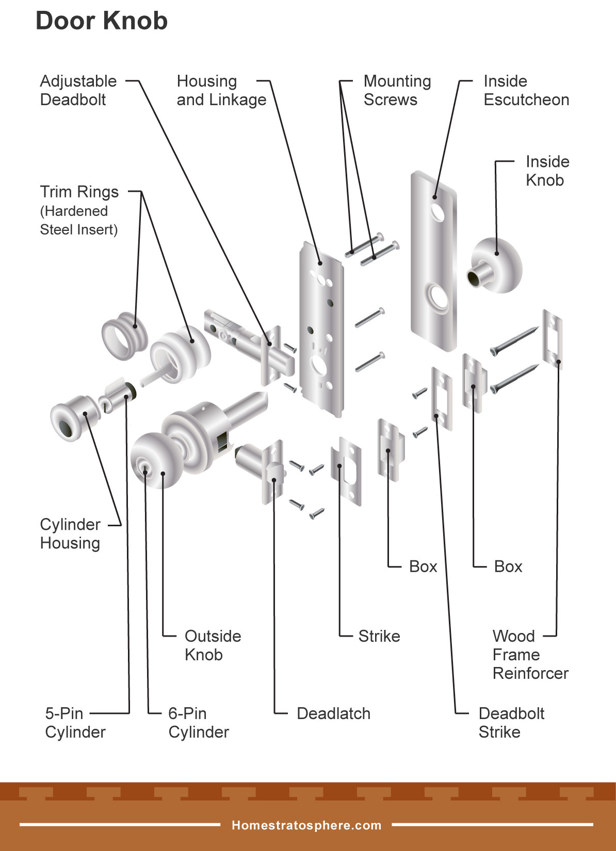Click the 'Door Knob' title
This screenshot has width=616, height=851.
(x=102, y=22)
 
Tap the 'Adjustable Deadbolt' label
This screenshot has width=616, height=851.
(x=78, y=90)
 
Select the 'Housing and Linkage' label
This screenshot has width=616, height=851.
(x=221, y=90)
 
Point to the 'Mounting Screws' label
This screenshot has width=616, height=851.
(x=397, y=90)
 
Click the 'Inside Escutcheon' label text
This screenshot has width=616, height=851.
(x=526, y=90)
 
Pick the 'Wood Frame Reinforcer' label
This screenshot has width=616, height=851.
(x=530, y=655)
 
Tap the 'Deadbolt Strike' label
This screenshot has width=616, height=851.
(x=511, y=723)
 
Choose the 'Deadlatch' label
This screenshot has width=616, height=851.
(x=333, y=713)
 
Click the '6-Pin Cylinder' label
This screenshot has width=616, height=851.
(x=198, y=723)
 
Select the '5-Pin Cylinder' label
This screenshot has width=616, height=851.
(x=75, y=723)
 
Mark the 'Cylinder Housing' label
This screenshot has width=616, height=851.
(x=70, y=533)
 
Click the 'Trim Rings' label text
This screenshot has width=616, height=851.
(x=79, y=192)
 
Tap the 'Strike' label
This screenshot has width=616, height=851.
(x=379, y=636)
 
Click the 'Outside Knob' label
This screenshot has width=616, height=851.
(x=212, y=645)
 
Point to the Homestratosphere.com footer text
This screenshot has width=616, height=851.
(x=306, y=825)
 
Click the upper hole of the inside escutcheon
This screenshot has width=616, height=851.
(x=438, y=212)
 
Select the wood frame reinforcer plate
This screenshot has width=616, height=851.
(x=553, y=339)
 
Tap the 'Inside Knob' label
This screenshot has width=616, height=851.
(x=547, y=171)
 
